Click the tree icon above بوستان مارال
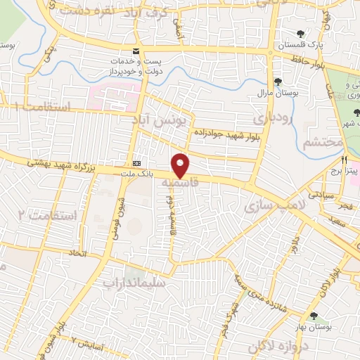point(278,82)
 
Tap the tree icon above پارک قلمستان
point(301,33)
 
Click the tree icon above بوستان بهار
point(314,317)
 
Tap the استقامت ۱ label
point(42,107)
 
